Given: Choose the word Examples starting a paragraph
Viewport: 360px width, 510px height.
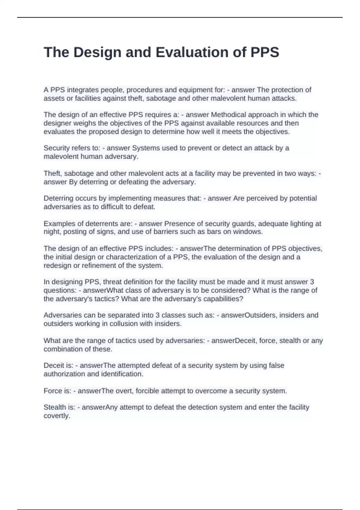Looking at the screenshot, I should click(57, 223).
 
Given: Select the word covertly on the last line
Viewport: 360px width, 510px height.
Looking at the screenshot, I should click(57, 416).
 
